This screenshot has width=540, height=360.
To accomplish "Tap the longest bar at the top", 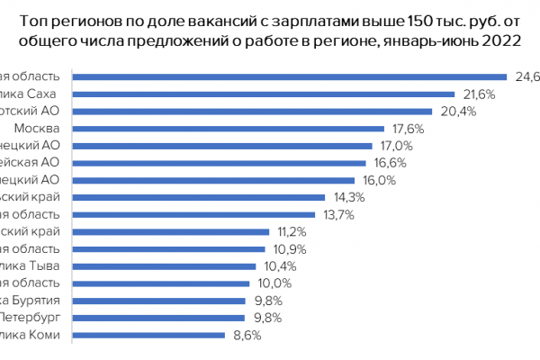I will pyautogui.click(x=289, y=77).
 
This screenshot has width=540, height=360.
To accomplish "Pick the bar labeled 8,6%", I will pyautogui.click(x=148, y=335).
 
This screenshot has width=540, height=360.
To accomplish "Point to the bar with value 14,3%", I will pyautogui.click(x=198, y=197).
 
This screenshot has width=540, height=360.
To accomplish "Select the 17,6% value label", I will pyautogui.click(x=409, y=129).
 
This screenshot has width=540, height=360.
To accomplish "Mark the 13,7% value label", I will pyautogui.click(x=339, y=214).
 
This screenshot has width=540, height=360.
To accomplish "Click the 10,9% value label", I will pyautogui.click(x=289, y=248).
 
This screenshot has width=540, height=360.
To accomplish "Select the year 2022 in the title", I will pyautogui.click(x=507, y=41).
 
